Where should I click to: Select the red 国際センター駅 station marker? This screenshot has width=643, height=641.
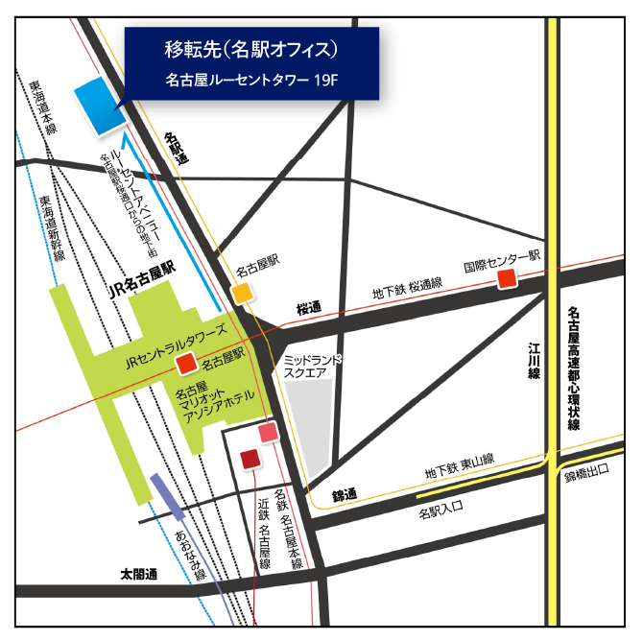click(506, 279)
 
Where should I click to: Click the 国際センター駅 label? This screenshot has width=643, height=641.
click(502, 258)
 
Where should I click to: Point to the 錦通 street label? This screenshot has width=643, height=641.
click(344, 494)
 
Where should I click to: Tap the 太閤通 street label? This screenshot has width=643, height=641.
click(138, 574)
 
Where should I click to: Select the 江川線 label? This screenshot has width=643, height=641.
click(534, 360)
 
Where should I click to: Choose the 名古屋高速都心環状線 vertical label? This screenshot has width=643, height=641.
click(573, 368)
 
